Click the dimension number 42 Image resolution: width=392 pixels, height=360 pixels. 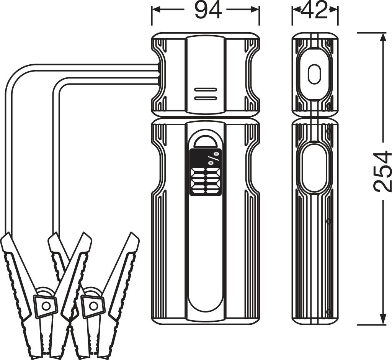[x=315, y=10]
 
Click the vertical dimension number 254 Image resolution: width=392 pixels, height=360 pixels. [x=382, y=171]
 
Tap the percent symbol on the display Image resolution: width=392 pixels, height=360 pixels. [x=214, y=158]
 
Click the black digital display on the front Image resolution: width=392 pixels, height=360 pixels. [x=206, y=172]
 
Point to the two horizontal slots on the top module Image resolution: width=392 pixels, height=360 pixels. [x=206, y=94]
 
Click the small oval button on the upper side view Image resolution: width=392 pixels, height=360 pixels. [x=314, y=74]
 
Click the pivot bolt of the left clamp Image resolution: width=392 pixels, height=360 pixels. [x=46, y=305]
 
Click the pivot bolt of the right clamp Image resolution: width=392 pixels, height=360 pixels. [x=93, y=305]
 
